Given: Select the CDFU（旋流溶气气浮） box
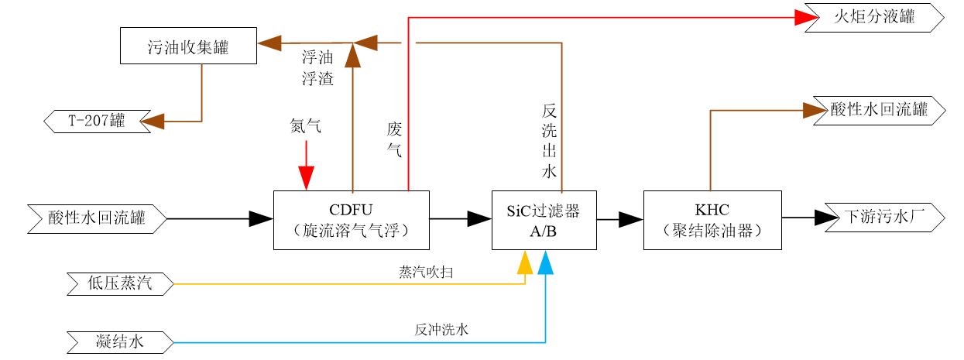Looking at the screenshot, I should [x=352, y=220].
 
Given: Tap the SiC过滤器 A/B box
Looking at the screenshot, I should [x=545, y=220].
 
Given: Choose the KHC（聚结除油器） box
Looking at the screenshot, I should [x=712, y=220].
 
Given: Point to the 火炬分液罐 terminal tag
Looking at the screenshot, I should [x=873, y=16].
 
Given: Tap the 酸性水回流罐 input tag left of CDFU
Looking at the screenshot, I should [x=97, y=219].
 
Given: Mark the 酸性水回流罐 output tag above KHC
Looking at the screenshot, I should [x=878, y=110].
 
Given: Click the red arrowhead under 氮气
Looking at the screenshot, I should [x=307, y=180].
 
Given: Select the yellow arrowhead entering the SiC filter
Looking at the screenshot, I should [x=525, y=264].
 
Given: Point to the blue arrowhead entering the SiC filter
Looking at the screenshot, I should [x=546, y=264].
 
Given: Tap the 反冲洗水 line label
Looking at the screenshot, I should [x=441, y=330].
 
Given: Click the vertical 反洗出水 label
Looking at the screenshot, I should [x=549, y=140].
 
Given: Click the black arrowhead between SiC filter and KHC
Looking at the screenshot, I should [x=631, y=220].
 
